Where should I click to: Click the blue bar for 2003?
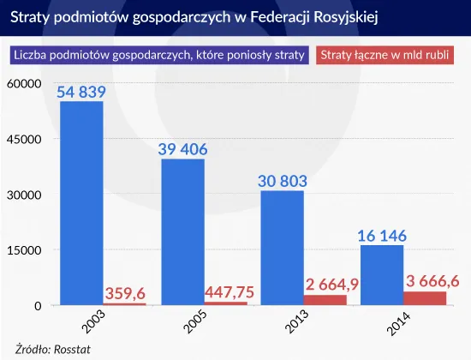(x=80, y=203)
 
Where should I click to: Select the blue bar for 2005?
(x=182, y=232)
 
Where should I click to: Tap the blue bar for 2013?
(x=283, y=248)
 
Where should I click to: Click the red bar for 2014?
(x=425, y=298)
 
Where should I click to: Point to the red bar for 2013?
(x=325, y=300)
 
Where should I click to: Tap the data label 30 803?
(x=283, y=181)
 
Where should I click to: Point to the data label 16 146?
(x=383, y=235)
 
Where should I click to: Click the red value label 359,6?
(x=125, y=293)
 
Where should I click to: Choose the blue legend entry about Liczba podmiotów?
(x=158, y=57)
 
